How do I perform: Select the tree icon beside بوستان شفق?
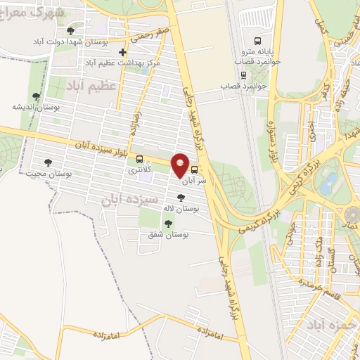tap(167, 224)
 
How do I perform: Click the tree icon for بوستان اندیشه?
tap(37, 96)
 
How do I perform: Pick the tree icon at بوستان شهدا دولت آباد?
tap(69, 32)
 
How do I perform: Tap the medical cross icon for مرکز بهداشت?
tap(123, 52)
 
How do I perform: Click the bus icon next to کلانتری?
tap(139, 159)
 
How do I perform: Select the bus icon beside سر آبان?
tap(194, 169)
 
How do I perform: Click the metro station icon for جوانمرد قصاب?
tap(243, 75)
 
